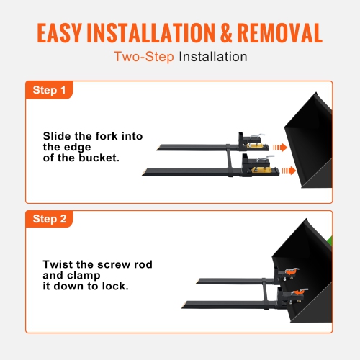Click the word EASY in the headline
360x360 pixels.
62,34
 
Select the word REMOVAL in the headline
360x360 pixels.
284,34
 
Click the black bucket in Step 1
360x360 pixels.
310,144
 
